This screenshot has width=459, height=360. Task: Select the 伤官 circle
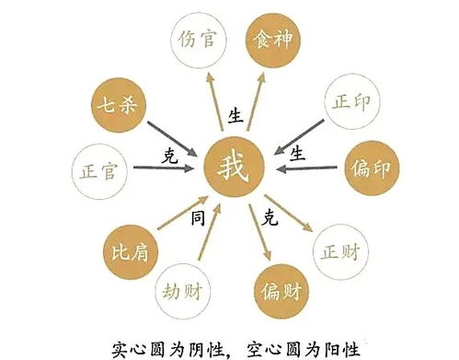point(195,41)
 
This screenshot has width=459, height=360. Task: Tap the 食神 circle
point(273,41)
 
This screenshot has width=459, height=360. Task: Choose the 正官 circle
point(98,169)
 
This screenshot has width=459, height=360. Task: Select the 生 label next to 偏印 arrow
point(297,149)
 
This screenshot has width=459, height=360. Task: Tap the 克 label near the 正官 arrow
point(167,153)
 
